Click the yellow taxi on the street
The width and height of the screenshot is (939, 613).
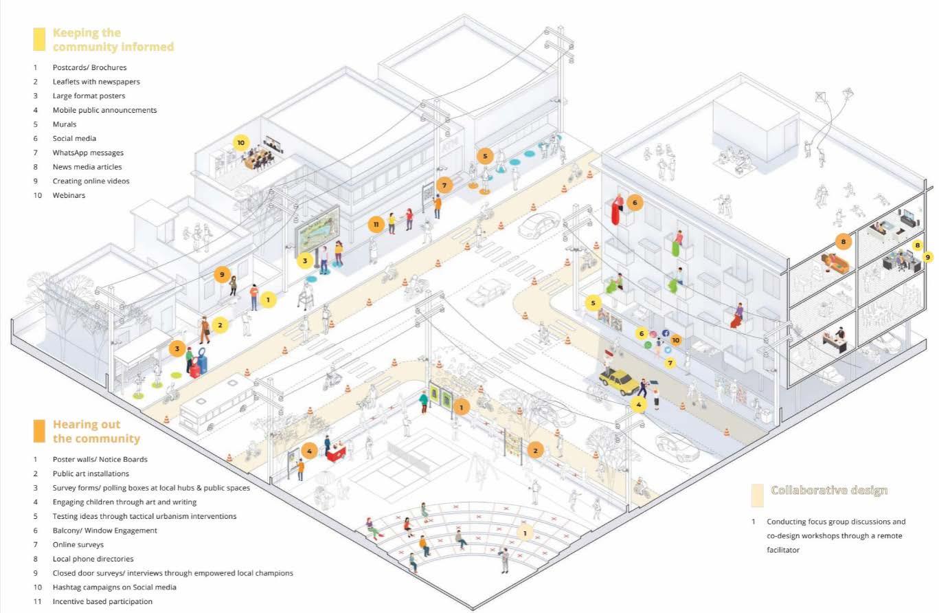[x=619, y=381]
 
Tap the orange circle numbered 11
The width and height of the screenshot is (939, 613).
[x=375, y=224]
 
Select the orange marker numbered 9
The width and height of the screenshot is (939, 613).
[x=220, y=274]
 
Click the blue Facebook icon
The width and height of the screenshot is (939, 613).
[x=666, y=333]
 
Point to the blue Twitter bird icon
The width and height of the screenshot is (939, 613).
[x=668, y=350]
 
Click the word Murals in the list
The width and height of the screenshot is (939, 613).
[x=64, y=124]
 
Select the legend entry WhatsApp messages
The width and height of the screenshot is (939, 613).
[x=88, y=153]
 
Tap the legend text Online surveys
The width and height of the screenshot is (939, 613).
[x=78, y=544]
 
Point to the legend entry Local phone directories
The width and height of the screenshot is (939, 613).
[x=93, y=559]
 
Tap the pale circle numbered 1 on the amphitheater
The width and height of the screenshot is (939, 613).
[x=525, y=533]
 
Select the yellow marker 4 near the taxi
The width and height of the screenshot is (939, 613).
[x=639, y=405]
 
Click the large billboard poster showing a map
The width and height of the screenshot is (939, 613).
[x=317, y=230]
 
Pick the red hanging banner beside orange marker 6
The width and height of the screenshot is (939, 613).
[x=617, y=211]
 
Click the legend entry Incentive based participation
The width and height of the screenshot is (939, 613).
[x=102, y=601]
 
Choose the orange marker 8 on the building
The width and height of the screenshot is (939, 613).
[x=841, y=241]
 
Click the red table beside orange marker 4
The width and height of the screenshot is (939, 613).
[x=337, y=452]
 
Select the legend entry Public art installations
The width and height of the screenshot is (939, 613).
[x=91, y=473]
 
